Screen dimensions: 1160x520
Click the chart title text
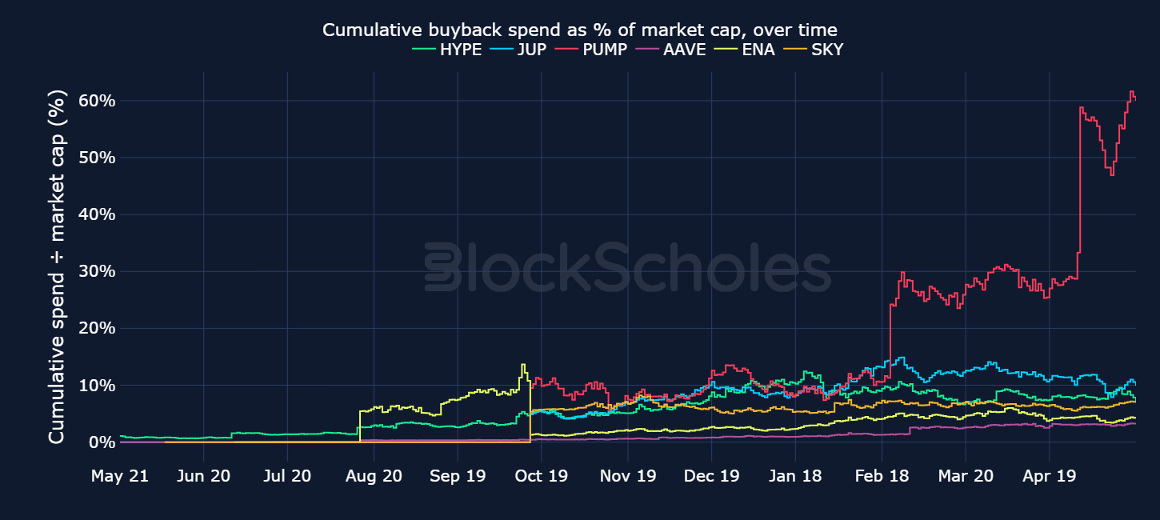[579, 30]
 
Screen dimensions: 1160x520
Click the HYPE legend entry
[447, 50]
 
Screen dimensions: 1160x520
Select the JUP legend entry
[518, 50]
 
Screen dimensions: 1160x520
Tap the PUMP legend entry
[591, 50]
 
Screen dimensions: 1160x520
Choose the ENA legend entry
[744, 50]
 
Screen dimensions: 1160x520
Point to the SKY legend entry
[813, 50]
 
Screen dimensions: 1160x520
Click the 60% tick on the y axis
[97, 101]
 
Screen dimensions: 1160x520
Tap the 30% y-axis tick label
[97, 271]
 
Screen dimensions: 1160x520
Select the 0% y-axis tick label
[102, 442]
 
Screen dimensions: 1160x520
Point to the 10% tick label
[97, 386]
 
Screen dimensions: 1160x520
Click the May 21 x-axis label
[120, 476]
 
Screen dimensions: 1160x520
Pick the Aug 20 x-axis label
[374, 476]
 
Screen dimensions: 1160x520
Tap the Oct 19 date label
[541, 476]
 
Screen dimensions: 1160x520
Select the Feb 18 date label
[882, 476]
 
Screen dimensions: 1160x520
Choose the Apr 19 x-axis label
[1049, 476]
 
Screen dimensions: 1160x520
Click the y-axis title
[57, 266]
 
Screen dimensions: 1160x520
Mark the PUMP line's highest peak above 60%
[1131, 92]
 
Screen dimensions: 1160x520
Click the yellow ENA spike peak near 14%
[523, 365]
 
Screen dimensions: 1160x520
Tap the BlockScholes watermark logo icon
[442, 266]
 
